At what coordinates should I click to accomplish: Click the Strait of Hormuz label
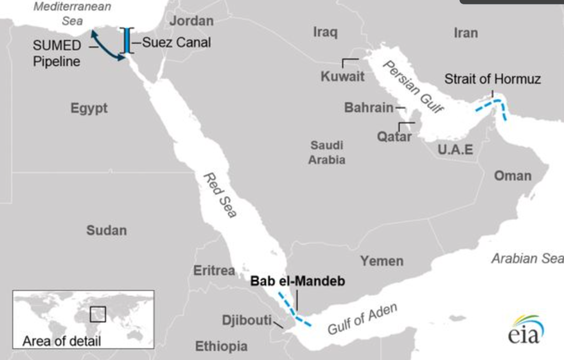pyautogui.click(x=492, y=79)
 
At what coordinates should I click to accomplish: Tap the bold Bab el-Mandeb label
pyautogui.click(x=298, y=281)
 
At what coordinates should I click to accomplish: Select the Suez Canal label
pyautogui.click(x=176, y=42)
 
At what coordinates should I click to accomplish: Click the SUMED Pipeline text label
pyautogui.click(x=57, y=53)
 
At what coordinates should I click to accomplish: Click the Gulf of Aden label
pyautogui.click(x=362, y=319)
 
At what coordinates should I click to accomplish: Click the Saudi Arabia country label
pyautogui.click(x=327, y=152)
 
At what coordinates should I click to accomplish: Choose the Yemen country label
pyautogui.click(x=382, y=261)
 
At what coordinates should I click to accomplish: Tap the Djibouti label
pyautogui.click(x=247, y=320)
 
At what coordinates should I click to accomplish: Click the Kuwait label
pyautogui.click(x=343, y=77)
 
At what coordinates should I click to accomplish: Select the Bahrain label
pyautogui.click(x=368, y=108)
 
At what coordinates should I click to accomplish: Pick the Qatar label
pyautogui.click(x=394, y=136)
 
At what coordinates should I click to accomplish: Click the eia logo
pyautogui.click(x=525, y=330)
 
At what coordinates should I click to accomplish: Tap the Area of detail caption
pyautogui.click(x=62, y=341)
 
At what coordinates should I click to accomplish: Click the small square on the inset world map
pyautogui.click(x=97, y=314)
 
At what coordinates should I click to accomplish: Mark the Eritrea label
pyautogui.click(x=214, y=271)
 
